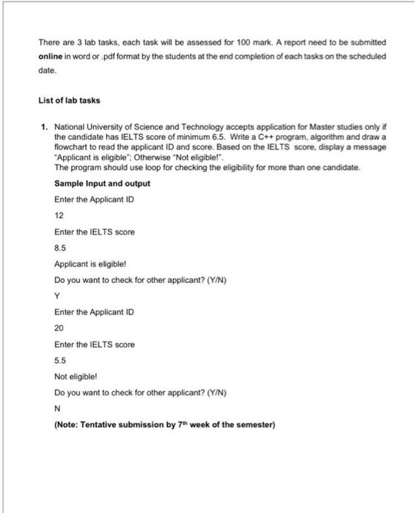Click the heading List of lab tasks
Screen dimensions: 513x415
pos(70,100)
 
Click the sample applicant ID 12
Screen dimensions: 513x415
pos(59,215)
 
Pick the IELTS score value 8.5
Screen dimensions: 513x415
pos(61,248)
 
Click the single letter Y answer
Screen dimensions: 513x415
pos(58,296)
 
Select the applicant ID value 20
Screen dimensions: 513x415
pos(59,328)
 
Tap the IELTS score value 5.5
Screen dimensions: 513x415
pos(61,360)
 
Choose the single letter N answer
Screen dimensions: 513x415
pos(58,408)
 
